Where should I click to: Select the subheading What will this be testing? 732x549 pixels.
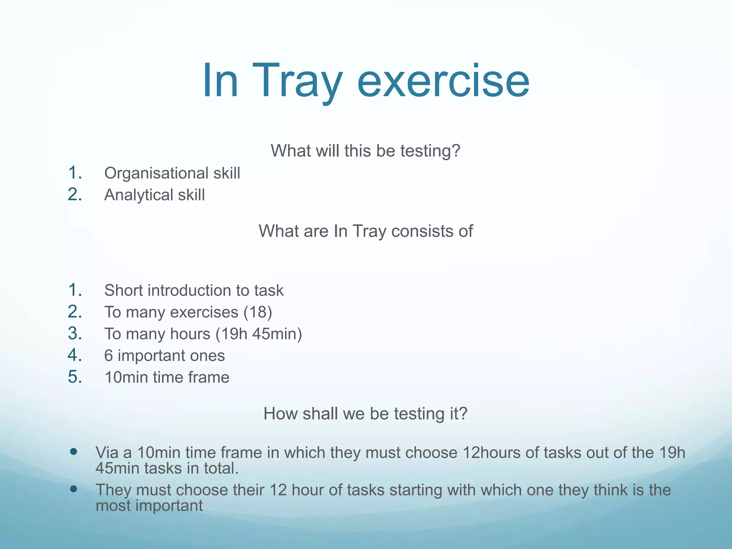pyautogui.click(x=365, y=150)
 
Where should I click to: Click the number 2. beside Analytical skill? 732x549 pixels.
pyautogui.click(x=75, y=194)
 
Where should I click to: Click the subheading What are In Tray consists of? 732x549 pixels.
pyautogui.click(x=366, y=231)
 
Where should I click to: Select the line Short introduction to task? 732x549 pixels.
pyautogui.click(x=194, y=290)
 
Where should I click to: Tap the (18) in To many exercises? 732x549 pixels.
pyautogui.click(x=258, y=312)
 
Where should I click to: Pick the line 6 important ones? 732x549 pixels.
pyautogui.click(x=164, y=356)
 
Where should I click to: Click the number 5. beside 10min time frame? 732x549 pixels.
pyautogui.click(x=75, y=377)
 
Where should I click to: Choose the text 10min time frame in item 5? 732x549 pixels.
pyautogui.click(x=167, y=377)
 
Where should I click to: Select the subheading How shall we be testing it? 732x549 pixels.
pyautogui.click(x=365, y=414)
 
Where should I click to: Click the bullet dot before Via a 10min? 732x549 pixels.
pyautogui.click(x=74, y=452)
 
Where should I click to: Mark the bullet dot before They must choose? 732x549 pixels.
pyautogui.click(x=74, y=489)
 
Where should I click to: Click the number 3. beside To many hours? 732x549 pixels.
pyautogui.click(x=75, y=333)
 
